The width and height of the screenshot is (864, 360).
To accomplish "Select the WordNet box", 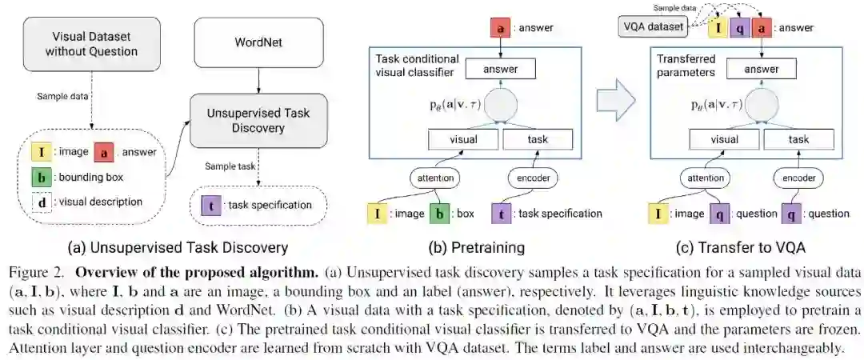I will coord(258,41).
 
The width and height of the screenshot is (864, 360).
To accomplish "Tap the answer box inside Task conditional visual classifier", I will coord(500,70).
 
